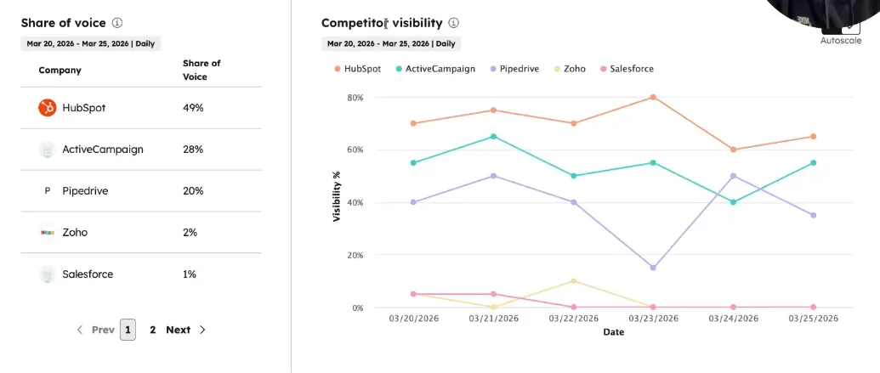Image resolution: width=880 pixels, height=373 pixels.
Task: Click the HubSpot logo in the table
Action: (47, 108)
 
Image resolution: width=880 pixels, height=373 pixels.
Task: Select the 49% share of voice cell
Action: (193, 108)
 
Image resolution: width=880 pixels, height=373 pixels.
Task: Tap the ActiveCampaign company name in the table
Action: (102, 150)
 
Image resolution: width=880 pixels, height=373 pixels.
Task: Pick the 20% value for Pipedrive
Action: (193, 191)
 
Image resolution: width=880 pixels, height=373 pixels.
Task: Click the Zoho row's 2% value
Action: (190, 232)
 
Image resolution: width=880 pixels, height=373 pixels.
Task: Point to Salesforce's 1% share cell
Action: (190, 274)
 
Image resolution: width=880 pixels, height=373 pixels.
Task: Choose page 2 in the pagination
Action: (153, 330)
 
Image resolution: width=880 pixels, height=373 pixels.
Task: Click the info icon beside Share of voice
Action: (117, 23)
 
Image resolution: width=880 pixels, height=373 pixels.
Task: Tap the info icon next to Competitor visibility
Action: (454, 23)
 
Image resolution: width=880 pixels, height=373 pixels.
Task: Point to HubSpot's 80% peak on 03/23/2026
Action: (653, 97)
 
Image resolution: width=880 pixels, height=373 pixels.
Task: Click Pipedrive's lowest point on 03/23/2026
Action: (653, 268)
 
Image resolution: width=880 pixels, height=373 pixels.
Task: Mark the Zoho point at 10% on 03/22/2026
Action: (573, 280)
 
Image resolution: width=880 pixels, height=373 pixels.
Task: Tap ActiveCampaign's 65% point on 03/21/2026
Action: (493, 136)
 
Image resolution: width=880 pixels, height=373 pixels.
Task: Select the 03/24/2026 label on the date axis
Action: (733, 319)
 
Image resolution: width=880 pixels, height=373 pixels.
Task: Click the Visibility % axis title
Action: (337, 196)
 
